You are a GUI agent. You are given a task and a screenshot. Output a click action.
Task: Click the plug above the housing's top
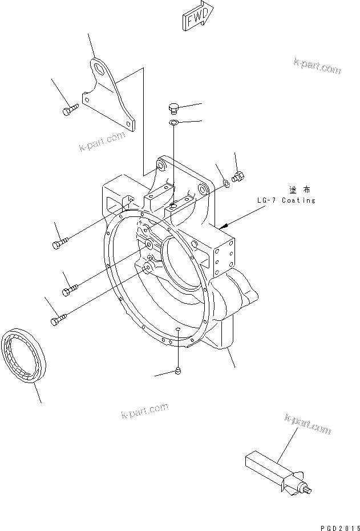[x=175, y=108]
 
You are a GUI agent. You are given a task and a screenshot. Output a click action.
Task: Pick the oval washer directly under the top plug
[x=174, y=122]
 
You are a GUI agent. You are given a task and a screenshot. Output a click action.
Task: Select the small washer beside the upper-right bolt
[x=226, y=183]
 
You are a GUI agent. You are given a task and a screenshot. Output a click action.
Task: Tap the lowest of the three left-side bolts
[x=59, y=320]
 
